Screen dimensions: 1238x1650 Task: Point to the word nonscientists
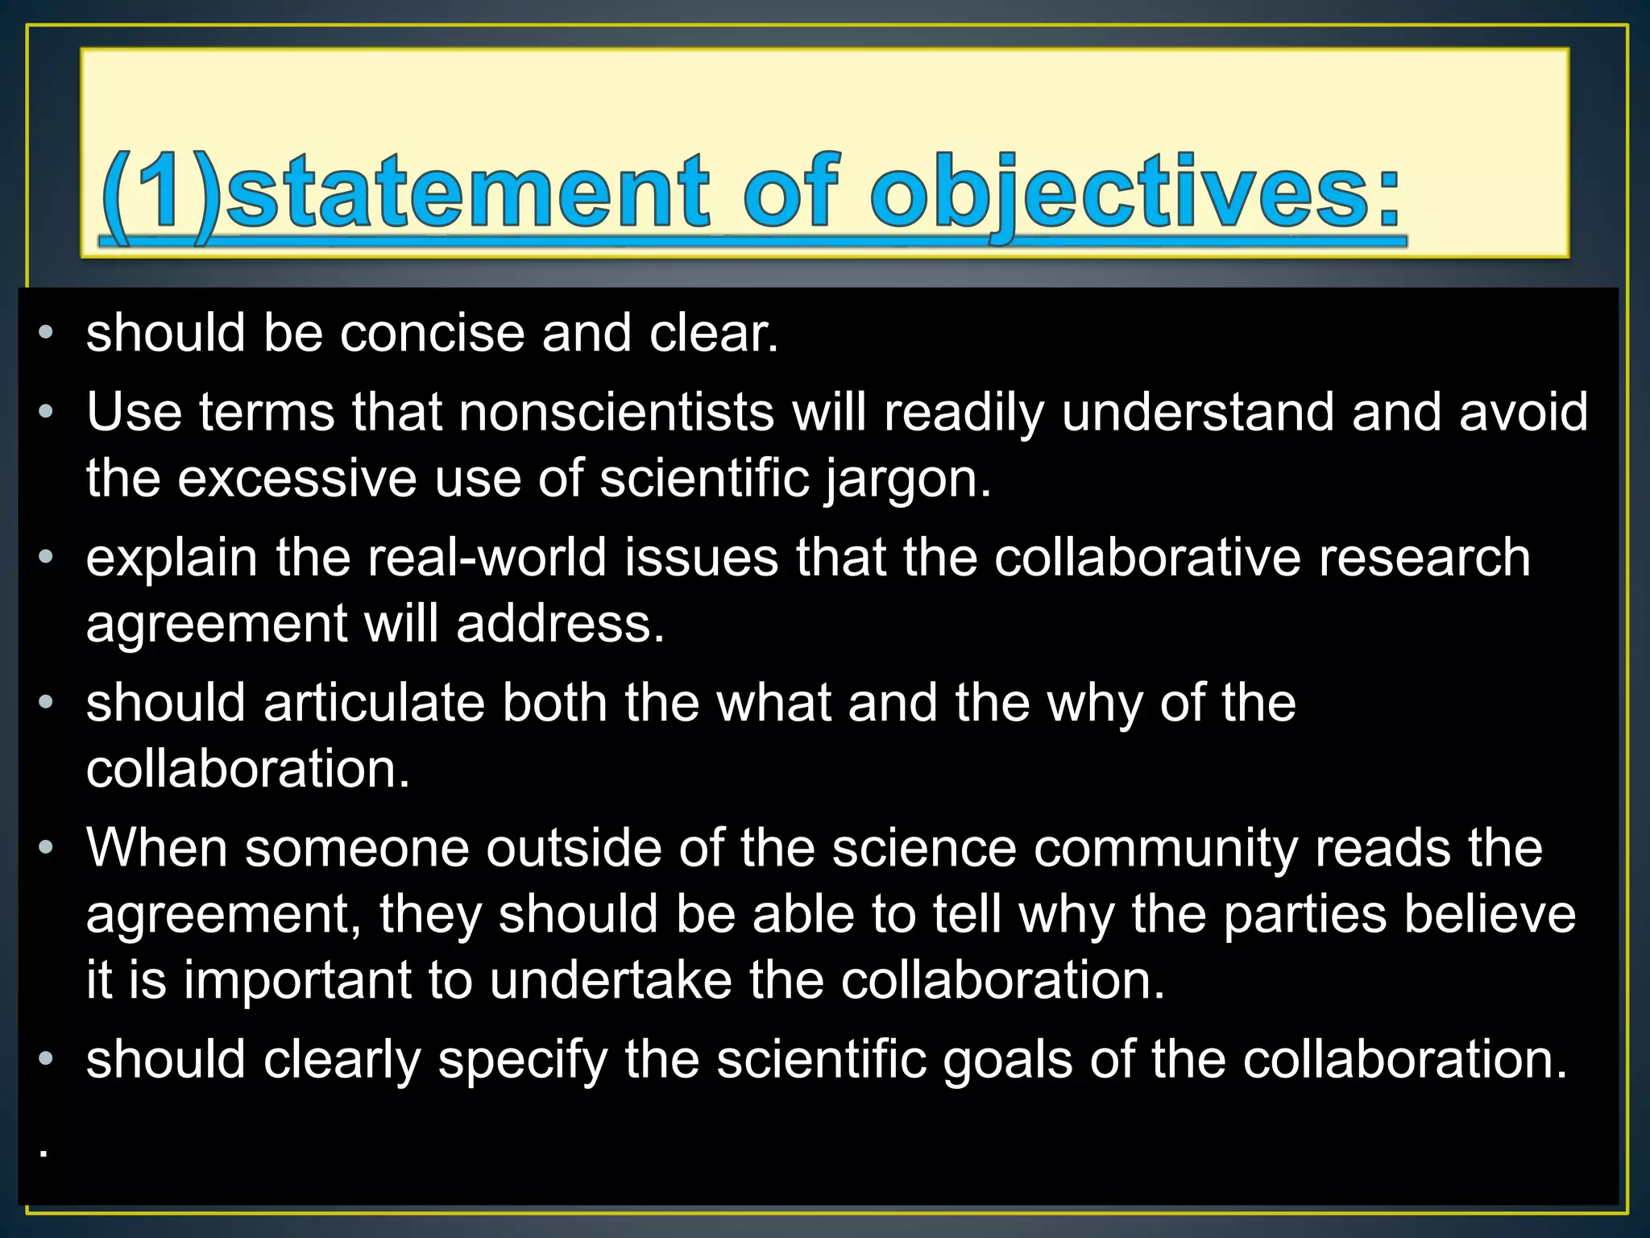tap(616, 413)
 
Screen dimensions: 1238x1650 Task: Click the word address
tap(559, 624)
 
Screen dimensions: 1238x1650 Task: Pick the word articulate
tap(374, 703)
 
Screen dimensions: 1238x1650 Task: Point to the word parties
tap(1304, 916)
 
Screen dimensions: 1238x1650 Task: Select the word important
tap(297, 982)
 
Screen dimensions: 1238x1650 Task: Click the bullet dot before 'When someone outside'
tap(47, 848)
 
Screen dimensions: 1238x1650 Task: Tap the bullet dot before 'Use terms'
tap(47, 412)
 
